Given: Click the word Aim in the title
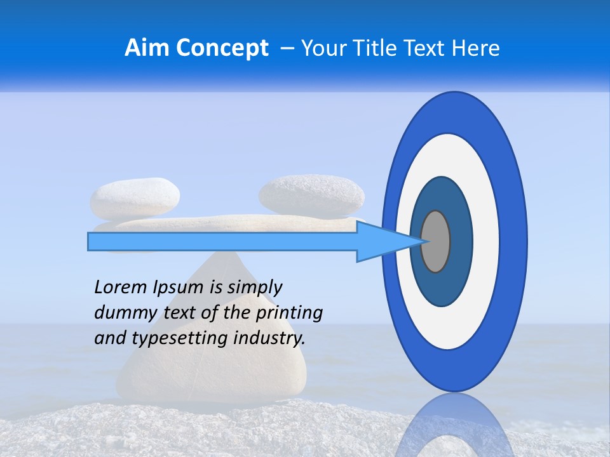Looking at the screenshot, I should coord(147,48).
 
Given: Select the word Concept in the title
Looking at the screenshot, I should coord(222,48).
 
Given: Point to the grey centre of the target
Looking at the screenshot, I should coord(436,241).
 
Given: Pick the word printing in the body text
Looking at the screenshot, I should coord(288,314).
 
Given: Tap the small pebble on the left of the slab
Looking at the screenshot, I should coord(135,197).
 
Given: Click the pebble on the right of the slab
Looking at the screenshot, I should coord(311,194).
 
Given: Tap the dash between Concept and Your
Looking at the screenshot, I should coord(287,48).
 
